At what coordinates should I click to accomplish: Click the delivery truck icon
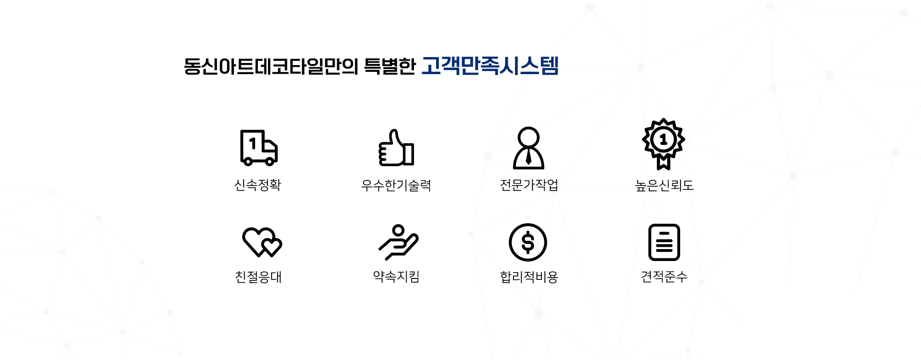(259, 147)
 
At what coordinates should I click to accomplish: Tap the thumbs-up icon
(396, 147)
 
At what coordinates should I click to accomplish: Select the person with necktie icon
(529, 148)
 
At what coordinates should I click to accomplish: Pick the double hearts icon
(262, 242)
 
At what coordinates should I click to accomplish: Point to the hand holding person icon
(398, 242)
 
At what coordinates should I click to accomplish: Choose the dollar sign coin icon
(528, 242)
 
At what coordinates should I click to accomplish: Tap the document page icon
(664, 242)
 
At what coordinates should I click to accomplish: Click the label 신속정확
(258, 185)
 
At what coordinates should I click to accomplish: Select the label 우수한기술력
(396, 185)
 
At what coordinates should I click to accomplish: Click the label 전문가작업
(529, 185)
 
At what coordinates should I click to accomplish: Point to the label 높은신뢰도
(664, 185)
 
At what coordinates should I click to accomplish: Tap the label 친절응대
(258, 277)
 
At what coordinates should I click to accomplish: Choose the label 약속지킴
(396, 277)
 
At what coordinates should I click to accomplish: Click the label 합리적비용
(529, 277)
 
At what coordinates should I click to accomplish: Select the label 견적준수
(664, 277)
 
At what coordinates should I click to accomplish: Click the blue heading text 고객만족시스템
(490, 66)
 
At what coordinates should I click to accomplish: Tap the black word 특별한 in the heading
(390, 66)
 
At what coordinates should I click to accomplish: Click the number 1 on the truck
(253, 144)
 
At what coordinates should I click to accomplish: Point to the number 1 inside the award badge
(664, 139)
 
